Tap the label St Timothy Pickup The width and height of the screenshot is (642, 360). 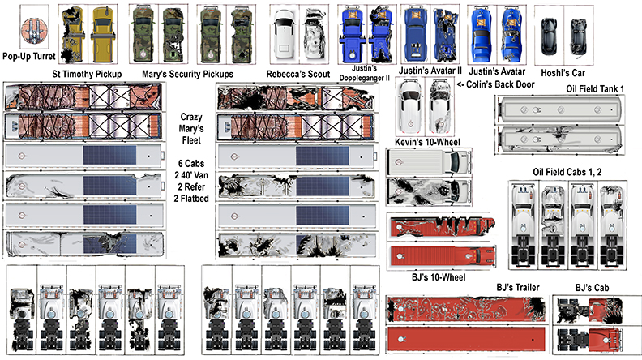tap(87, 74)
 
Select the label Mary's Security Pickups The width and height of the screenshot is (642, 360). tap(187, 74)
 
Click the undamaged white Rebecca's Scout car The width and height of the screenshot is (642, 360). tap(285, 34)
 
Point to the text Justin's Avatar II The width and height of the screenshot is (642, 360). tap(430, 71)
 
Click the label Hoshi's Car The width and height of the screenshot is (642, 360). tap(563, 73)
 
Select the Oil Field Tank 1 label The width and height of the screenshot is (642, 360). tap(595, 89)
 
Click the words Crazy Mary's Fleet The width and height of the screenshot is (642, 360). tap(191, 129)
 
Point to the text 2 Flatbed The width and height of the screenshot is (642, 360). tap(191, 199)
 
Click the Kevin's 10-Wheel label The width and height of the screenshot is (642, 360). tap(427, 142)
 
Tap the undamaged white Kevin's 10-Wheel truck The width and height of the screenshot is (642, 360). tap(429, 162)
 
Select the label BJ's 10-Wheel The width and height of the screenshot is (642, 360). tap(439, 277)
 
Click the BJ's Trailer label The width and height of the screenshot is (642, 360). tap(518, 288)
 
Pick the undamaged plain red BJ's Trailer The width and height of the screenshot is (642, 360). tap(466, 339)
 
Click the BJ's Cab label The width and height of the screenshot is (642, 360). tap(592, 288)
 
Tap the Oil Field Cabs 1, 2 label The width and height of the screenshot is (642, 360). tap(567, 172)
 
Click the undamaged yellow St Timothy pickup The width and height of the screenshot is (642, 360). tap(102, 34)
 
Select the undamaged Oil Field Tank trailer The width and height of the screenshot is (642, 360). tap(559, 109)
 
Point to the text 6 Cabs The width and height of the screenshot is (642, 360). tap(191, 164)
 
